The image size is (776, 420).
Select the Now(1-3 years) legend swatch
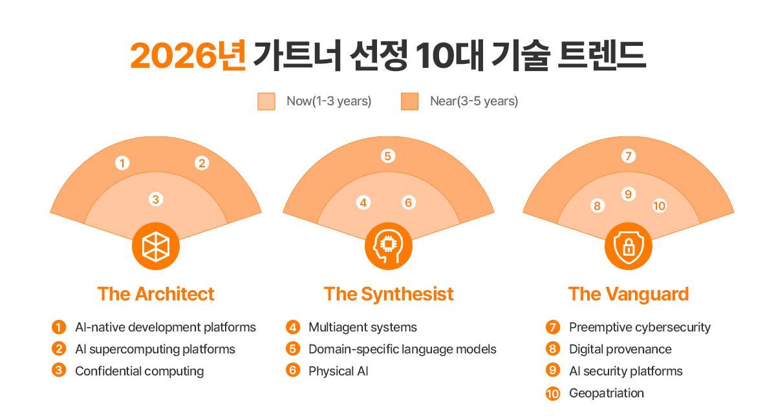click(x=266, y=101)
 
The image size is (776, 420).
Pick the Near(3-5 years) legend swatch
click(x=410, y=101)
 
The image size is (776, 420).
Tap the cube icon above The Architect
click(x=156, y=246)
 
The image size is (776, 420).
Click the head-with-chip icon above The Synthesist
click(x=388, y=246)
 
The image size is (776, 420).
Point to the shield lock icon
click(x=628, y=246)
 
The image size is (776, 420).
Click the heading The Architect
click(x=156, y=294)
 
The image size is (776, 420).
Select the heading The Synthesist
click(x=388, y=294)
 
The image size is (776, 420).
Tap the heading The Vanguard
click(x=628, y=294)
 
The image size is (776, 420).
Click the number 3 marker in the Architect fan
click(x=155, y=200)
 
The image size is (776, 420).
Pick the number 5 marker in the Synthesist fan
click(x=388, y=156)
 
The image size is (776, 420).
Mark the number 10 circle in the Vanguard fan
click(x=659, y=205)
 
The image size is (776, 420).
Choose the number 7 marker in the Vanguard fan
click(x=628, y=156)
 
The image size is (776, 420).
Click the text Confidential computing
click(x=139, y=371)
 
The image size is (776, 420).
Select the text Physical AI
click(x=338, y=371)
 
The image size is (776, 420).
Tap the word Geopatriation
click(x=606, y=393)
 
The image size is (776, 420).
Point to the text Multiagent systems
click(x=362, y=327)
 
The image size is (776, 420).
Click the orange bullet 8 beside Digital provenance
click(x=553, y=349)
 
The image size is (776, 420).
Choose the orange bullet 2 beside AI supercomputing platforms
click(x=59, y=349)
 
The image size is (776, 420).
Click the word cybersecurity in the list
click(x=673, y=327)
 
